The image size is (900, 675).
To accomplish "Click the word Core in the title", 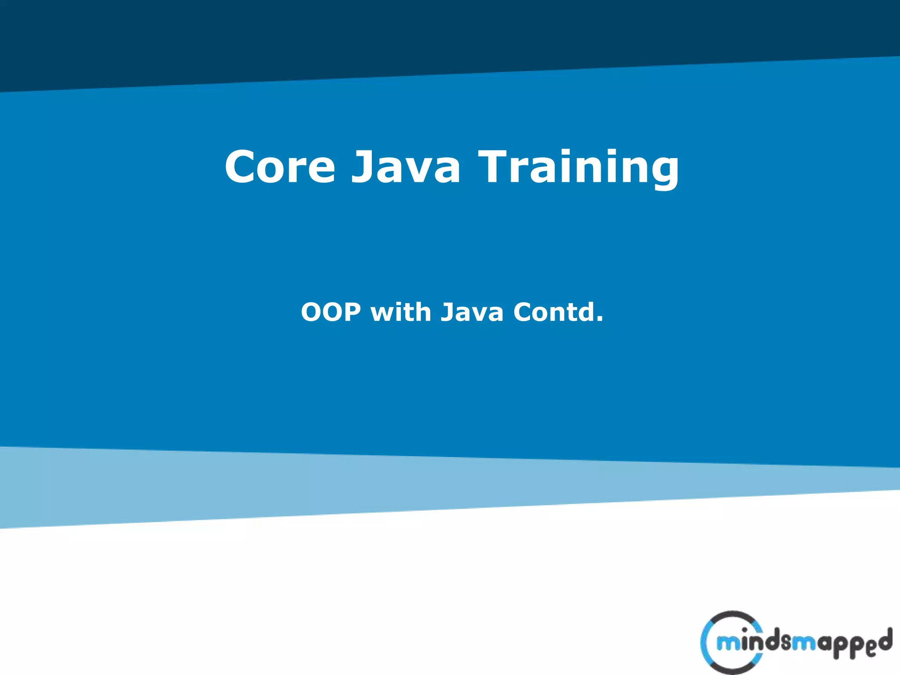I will coord(280,167).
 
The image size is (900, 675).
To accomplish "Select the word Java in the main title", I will coord(406,167).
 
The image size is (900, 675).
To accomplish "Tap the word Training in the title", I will coord(579,167).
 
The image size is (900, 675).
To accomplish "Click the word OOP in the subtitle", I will coord(331,312).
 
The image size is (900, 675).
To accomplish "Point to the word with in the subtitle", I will coord(400,312).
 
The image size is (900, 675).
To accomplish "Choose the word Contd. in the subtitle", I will coord(558,312).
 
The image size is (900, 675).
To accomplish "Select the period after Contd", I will coord(599,320).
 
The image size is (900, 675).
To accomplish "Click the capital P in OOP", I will coord(351,312).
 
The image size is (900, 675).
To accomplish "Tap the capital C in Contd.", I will coord(524,312).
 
